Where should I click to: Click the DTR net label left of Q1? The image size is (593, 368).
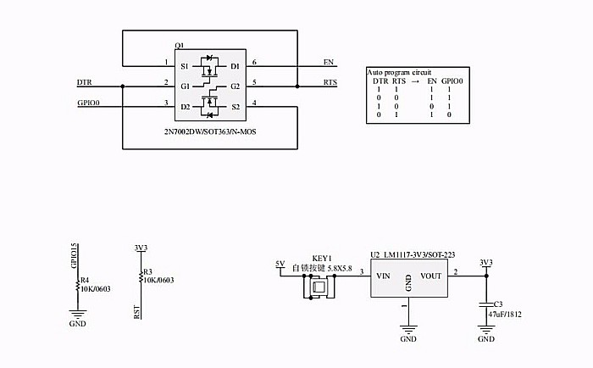coord(84,82)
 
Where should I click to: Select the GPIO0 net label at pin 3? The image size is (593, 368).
coord(88,103)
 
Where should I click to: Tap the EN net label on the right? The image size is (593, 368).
coord(329,62)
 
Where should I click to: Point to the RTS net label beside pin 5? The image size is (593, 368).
coord(330,82)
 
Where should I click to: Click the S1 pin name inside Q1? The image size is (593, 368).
coord(185,66)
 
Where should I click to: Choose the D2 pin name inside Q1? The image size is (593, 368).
coord(185,107)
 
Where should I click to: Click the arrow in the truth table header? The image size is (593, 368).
coord(416,81)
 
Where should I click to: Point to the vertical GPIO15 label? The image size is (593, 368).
coord(75,254)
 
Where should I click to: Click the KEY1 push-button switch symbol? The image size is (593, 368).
coord(318,287)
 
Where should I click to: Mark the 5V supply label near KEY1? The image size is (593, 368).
coord(280,264)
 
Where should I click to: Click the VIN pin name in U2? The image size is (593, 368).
coord(383,276)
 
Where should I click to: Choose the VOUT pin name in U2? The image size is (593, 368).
coord(431,276)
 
